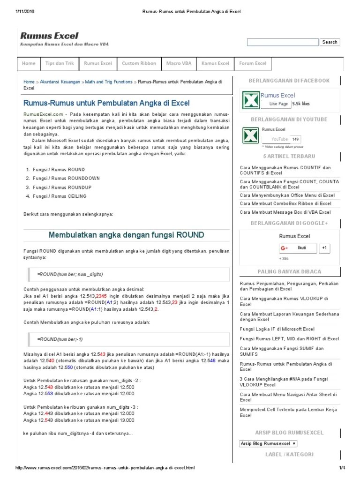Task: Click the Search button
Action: click(330, 42)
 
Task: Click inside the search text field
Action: click(283, 42)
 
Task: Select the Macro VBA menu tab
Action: click(179, 63)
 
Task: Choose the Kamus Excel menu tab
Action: click(215, 63)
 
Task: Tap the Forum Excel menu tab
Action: click(253, 63)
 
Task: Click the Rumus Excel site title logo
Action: click(49, 36)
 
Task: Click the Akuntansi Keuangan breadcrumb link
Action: click(60, 82)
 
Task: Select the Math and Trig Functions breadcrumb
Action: click(109, 82)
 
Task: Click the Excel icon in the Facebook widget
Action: click(250, 100)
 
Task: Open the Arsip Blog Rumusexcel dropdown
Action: click(268, 443)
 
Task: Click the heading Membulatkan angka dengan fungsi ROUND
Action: click(127, 234)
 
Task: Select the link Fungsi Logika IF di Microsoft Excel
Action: click(277, 329)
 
